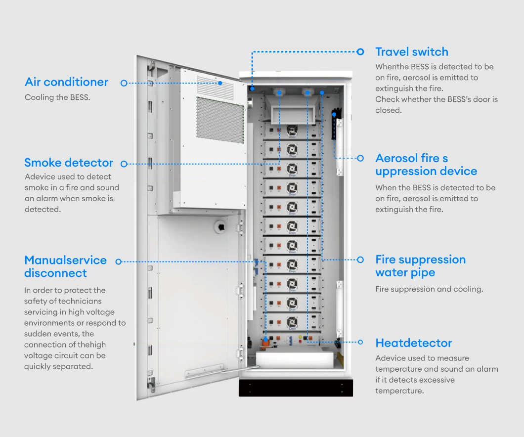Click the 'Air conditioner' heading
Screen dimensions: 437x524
click(x=66, y=82)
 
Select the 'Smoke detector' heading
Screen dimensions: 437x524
click(x=69, y=163)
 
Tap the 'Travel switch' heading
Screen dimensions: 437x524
click(x=411, y=52)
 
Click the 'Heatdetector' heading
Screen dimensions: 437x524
click(x=413, y=343)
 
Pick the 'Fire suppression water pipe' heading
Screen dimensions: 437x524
click(x=420, y=266)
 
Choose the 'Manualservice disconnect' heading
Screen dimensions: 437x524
click(x=65, y=266)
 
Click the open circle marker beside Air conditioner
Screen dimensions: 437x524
click(x=124, y=83)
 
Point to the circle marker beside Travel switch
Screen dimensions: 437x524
click(x=360, y=51)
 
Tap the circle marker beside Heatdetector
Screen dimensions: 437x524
click(x=360, y=342)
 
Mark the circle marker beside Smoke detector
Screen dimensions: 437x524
click(x=124, y=164)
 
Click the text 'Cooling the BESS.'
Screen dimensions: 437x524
click(x=57, y=97)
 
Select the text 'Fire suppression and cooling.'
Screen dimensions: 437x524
click(x=429, y=289)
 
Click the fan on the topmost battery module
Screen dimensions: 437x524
click(x=292, y=130)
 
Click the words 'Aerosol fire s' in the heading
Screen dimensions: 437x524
click(x=411, y=158)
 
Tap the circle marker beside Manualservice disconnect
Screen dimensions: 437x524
click(x=118, y=262)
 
